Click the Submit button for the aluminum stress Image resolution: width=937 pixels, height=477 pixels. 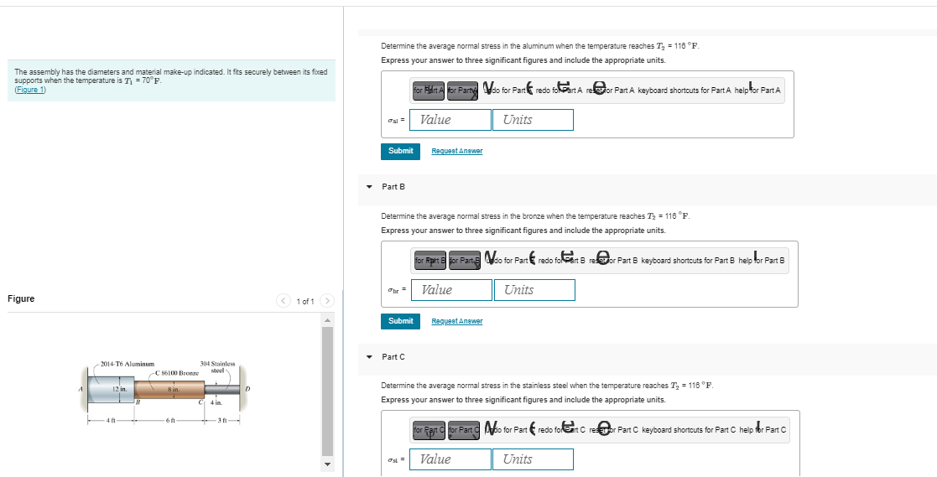click(400, 151)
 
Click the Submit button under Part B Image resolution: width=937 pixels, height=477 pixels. click(400, 321)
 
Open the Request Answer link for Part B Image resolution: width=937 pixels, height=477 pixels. click(456, 321)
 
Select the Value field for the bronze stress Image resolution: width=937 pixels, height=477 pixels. click(451, 290)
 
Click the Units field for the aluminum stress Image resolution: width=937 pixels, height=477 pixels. click(532, 120)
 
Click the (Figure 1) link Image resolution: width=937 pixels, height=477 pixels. click(30, 91)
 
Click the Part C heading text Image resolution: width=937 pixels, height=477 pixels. click(393, 356)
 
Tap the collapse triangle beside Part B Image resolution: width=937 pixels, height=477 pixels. click(369, 187)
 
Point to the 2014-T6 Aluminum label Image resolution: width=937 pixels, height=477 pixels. click(127, 364)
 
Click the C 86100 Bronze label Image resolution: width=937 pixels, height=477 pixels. click(177, 372)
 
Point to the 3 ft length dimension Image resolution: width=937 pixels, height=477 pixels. click(221, 420)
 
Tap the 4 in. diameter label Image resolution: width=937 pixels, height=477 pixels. click(216, 403)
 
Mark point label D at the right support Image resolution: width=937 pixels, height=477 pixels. click(247, 388)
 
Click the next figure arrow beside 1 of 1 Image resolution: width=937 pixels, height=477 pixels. click(326, 301)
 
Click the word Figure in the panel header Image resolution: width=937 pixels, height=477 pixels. click(21, 299)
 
